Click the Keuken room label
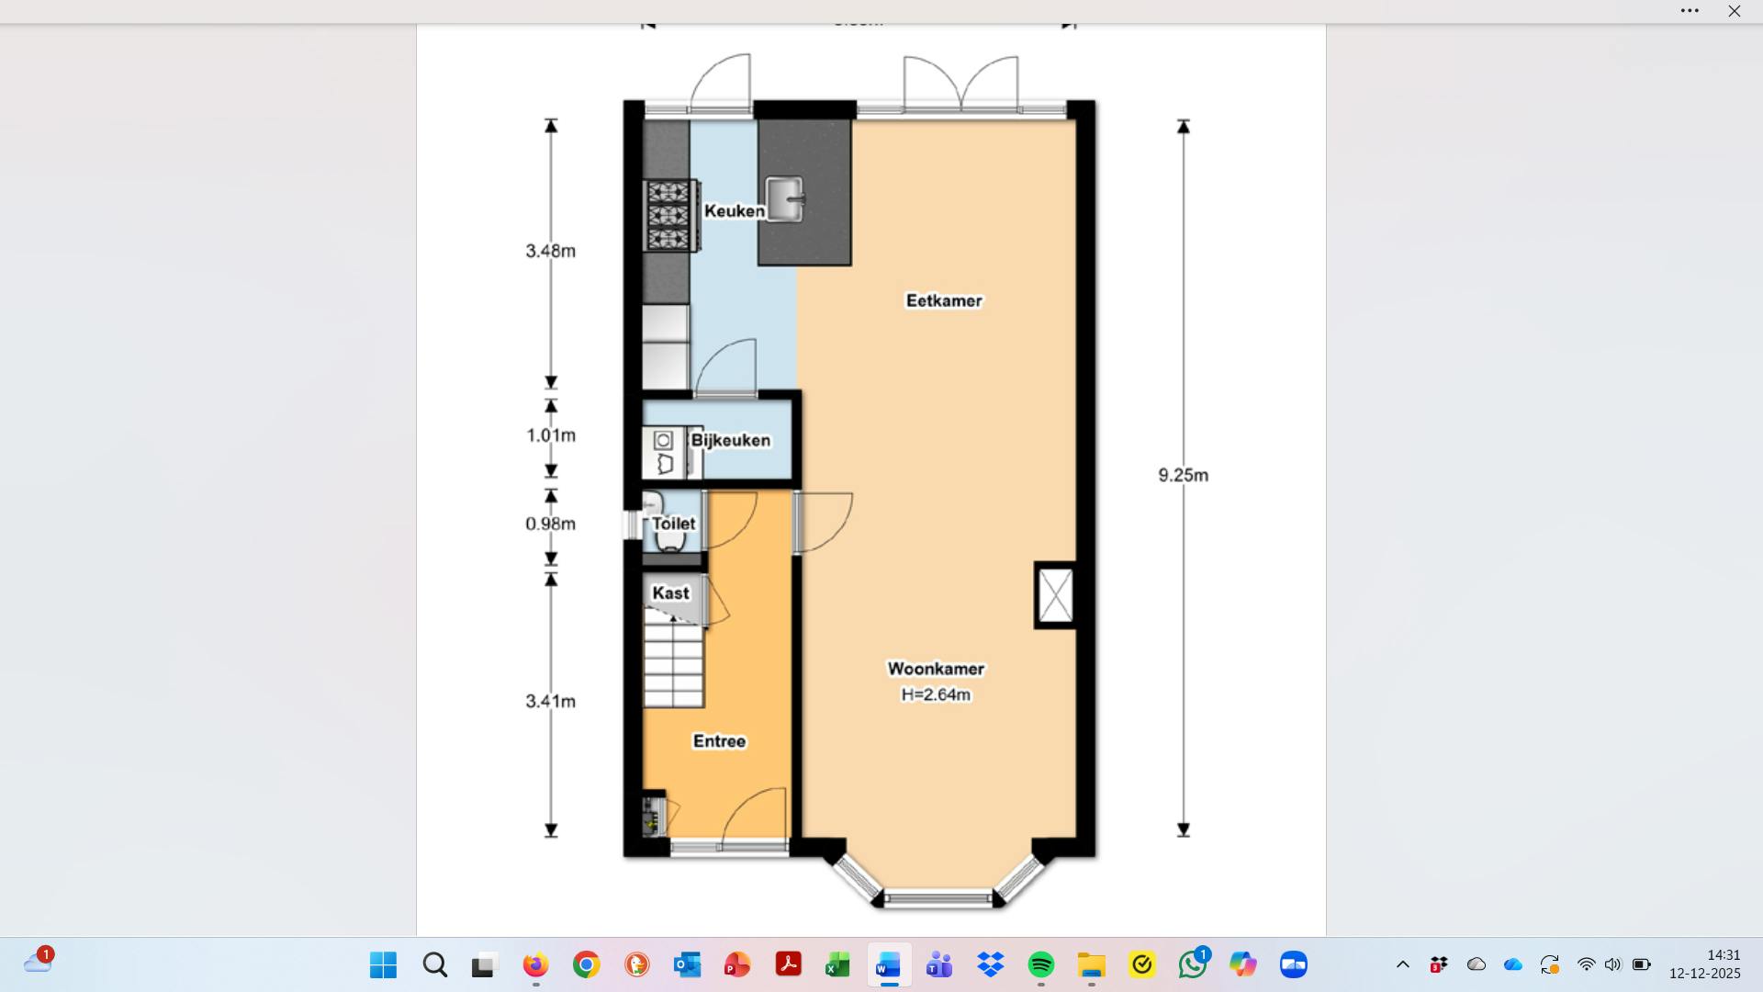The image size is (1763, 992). (734, 210)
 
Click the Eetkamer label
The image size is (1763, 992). (944, 300)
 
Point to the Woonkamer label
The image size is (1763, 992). (936, 669)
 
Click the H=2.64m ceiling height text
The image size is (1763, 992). (936, 695)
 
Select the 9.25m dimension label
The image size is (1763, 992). (1183, 475)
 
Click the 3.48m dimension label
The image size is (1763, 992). (550, 251)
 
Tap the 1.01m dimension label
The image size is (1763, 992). (550, 435)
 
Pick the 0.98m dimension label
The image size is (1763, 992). (550, 524)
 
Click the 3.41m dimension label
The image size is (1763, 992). (550, 701)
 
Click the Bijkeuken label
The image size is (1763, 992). (731, 440)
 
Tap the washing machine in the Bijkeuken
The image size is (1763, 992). (663, 441)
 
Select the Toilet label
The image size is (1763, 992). (674, 523)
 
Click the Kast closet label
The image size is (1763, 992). (670, 592)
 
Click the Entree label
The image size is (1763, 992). (719, 741)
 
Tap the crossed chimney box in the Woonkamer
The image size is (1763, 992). (1055, 595)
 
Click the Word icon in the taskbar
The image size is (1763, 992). (888, 965)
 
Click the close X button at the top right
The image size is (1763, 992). (1734, 11)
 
